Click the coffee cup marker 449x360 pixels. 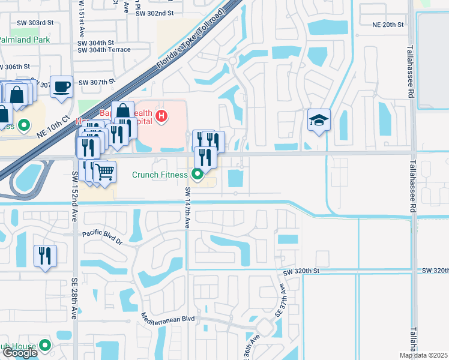(x=61, y=86)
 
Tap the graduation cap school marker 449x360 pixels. (x=319, y=120)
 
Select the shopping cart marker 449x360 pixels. (x=104, y=172)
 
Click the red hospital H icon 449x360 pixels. (x=160, y=115)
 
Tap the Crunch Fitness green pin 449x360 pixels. (x=197, y=175)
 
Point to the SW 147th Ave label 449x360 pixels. (x=187, y=207)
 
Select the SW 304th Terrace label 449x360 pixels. (x=104, y=50)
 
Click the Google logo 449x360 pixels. (x=19, y=353)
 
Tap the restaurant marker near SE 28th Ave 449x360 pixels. (x=45, y=256)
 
